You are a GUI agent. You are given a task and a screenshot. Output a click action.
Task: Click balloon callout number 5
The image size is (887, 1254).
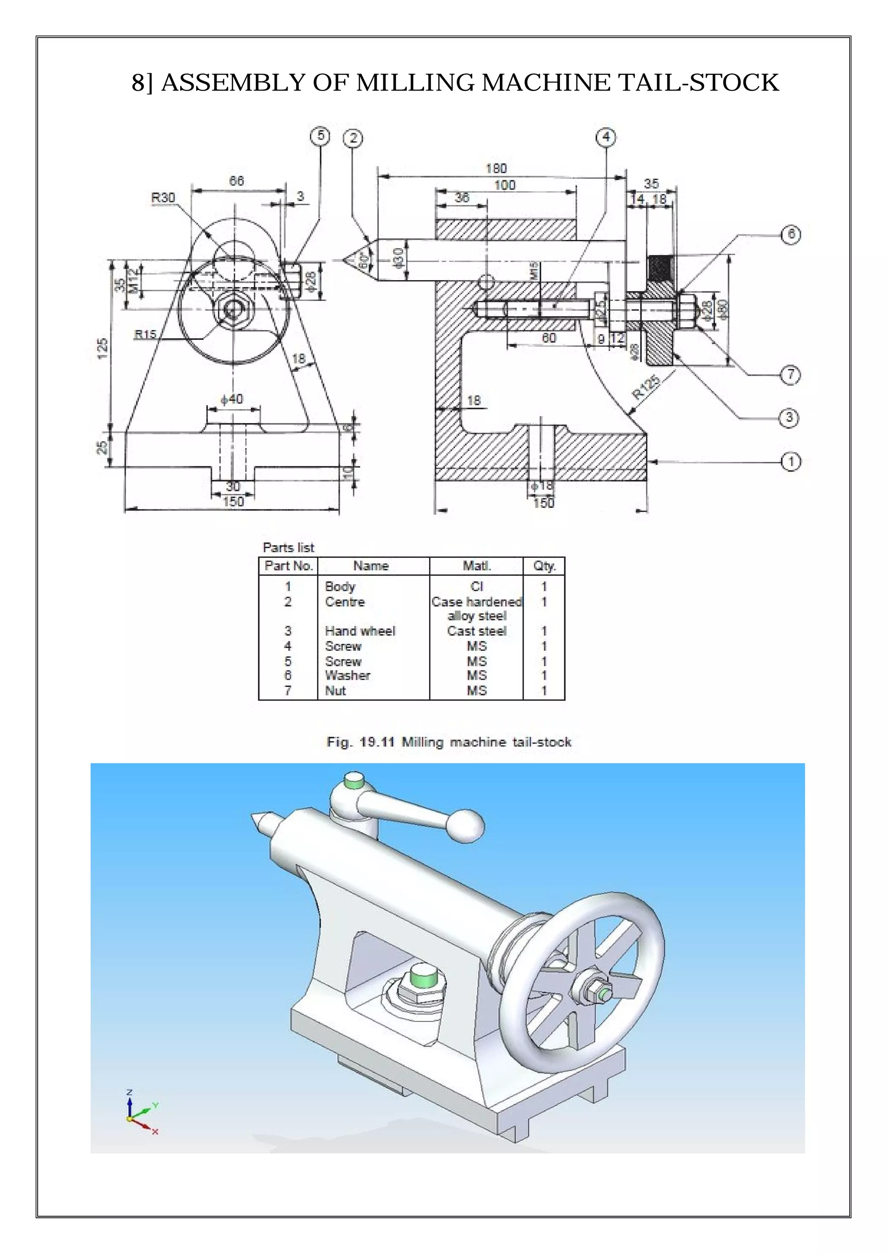pyautogui.click(x=320, y=136)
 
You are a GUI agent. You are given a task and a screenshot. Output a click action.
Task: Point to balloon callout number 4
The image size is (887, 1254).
pyautogui.click(x=606, y=137)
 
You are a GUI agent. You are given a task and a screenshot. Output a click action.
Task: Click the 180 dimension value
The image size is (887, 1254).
pyautogui.click(x=496, y=168)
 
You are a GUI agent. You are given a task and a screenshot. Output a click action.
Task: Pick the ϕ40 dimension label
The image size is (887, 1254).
pyautogui.click(x=232, y=399)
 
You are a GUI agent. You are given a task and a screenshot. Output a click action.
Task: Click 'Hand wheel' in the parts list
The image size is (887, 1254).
pyautogui.click(x=359, y=631)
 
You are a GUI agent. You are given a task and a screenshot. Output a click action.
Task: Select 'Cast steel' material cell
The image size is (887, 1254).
pyautogui.click(x=476, y=631)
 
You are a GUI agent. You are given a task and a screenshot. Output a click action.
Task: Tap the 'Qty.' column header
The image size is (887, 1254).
pyautogui.click(x=544, y=566)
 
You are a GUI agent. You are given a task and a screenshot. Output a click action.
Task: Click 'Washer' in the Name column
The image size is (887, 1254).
pyautogui.click(x=347, y=675)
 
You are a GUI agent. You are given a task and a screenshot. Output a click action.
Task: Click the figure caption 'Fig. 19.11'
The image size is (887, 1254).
pyautogui.click(x=362, y=742)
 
